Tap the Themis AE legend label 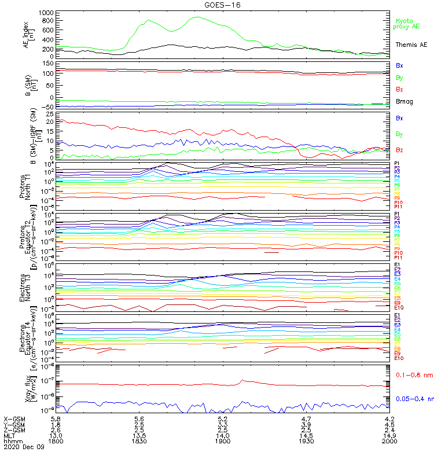411,45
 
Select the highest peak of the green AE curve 197,17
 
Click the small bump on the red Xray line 243,380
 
